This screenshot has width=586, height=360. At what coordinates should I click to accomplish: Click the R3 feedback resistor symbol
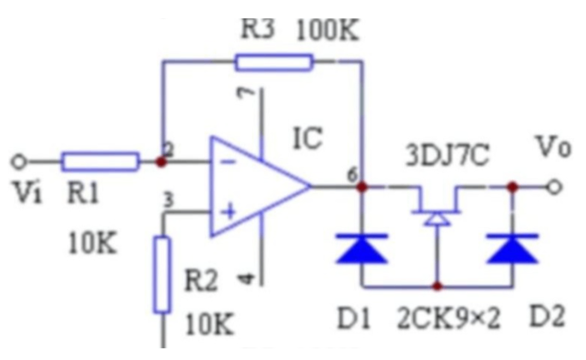(274, 62)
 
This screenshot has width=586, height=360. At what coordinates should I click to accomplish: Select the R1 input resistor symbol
(100, 162)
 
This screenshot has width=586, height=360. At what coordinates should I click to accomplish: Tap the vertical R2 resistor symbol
(163, 274)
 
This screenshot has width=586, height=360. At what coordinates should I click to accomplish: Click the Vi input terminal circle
(18, 162)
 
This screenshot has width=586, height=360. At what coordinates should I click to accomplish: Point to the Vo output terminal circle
(554, 187)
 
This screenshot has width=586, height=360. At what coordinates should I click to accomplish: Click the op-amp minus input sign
(228, 162)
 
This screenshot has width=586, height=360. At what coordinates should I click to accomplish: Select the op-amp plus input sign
(228, 212)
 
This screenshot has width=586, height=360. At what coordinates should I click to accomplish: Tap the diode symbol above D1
(362, 248)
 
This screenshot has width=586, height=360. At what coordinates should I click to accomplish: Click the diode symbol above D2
(513, 248)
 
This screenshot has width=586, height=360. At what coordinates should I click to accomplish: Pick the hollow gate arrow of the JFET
(437, 219)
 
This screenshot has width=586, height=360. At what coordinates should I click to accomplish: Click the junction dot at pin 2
(161, 162)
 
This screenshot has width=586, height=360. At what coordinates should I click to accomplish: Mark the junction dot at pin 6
(362, 187)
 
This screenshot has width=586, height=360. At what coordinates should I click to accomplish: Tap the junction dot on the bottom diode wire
(437, 287)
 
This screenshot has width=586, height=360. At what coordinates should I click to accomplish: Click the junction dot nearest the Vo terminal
(513, 187)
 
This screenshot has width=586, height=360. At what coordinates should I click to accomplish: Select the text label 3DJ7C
(448, 155)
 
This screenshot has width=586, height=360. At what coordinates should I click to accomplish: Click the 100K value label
(328, 30)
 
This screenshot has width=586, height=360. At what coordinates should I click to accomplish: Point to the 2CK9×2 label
(448, 318)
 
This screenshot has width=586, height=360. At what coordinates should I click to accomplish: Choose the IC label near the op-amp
(308, 138)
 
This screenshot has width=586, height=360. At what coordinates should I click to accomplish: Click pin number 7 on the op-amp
(246, 93)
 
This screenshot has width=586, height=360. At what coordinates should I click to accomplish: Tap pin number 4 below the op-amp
(246, 278)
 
